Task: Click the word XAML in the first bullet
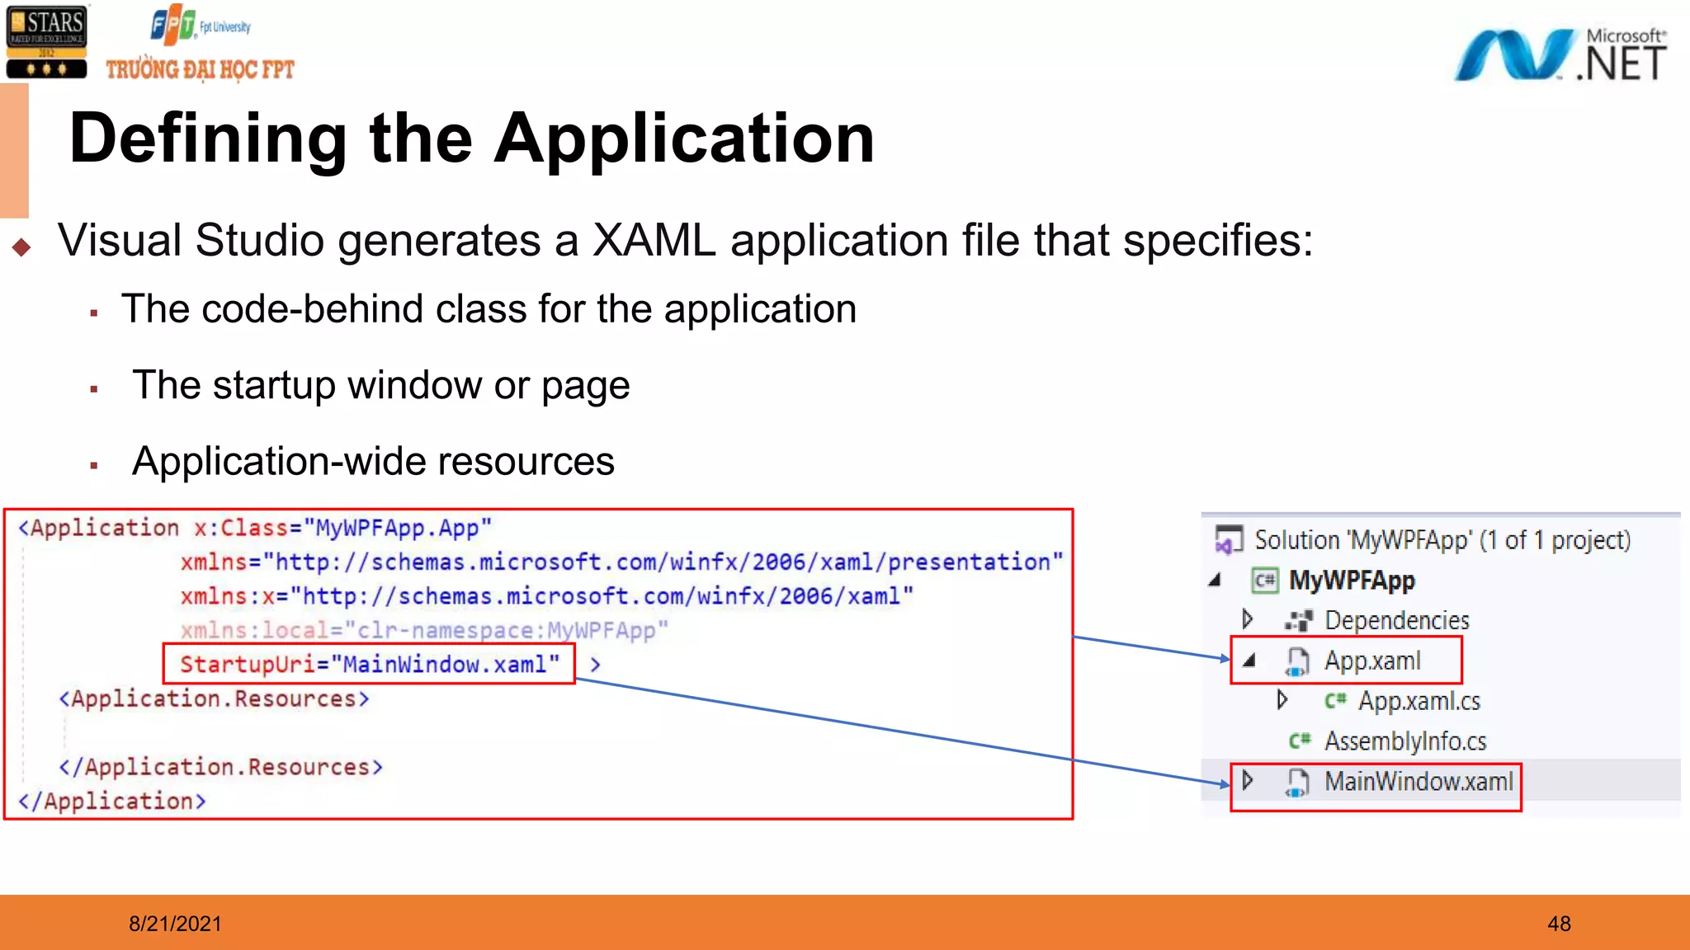[654, 241]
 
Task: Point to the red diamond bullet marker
[21, 247]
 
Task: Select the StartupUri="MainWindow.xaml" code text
[369, 665]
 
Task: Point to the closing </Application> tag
[112, 801]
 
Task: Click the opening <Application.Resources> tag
[214, 698]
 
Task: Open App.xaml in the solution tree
[1372, 661]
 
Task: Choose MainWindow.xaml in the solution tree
[1419, 781]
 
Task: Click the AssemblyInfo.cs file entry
[1404, 741]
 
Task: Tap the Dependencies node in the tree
[1396, 620]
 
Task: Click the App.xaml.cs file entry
[1419, 701]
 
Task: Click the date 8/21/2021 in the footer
[175, 924]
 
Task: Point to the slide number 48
[1559, 924]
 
